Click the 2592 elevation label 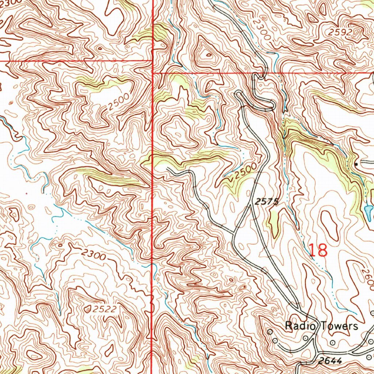pos(339,32)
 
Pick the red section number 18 pos(318,251)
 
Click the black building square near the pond pos(356,164)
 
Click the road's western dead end pos(167,168)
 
